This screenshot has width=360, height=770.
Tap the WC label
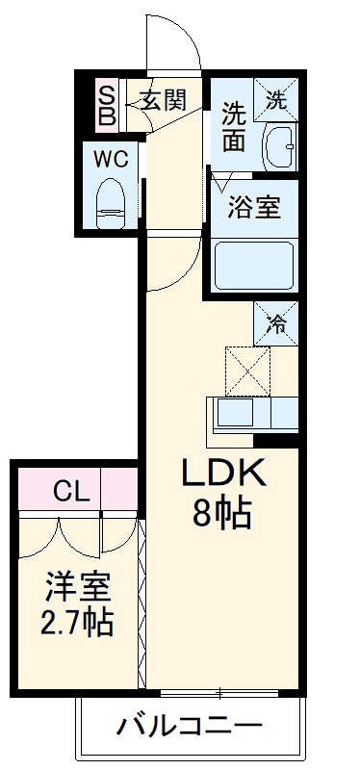(x=111, y=158)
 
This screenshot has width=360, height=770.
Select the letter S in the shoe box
(x=107, y=94)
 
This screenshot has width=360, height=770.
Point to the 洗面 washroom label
(x=234, y=125)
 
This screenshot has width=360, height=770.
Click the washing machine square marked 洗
(x=276, y=98)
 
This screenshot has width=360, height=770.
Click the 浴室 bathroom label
(x=254, y=208)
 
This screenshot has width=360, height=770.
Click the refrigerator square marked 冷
(x=276, y=324)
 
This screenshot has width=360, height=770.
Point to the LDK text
(x=223, y=475)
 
